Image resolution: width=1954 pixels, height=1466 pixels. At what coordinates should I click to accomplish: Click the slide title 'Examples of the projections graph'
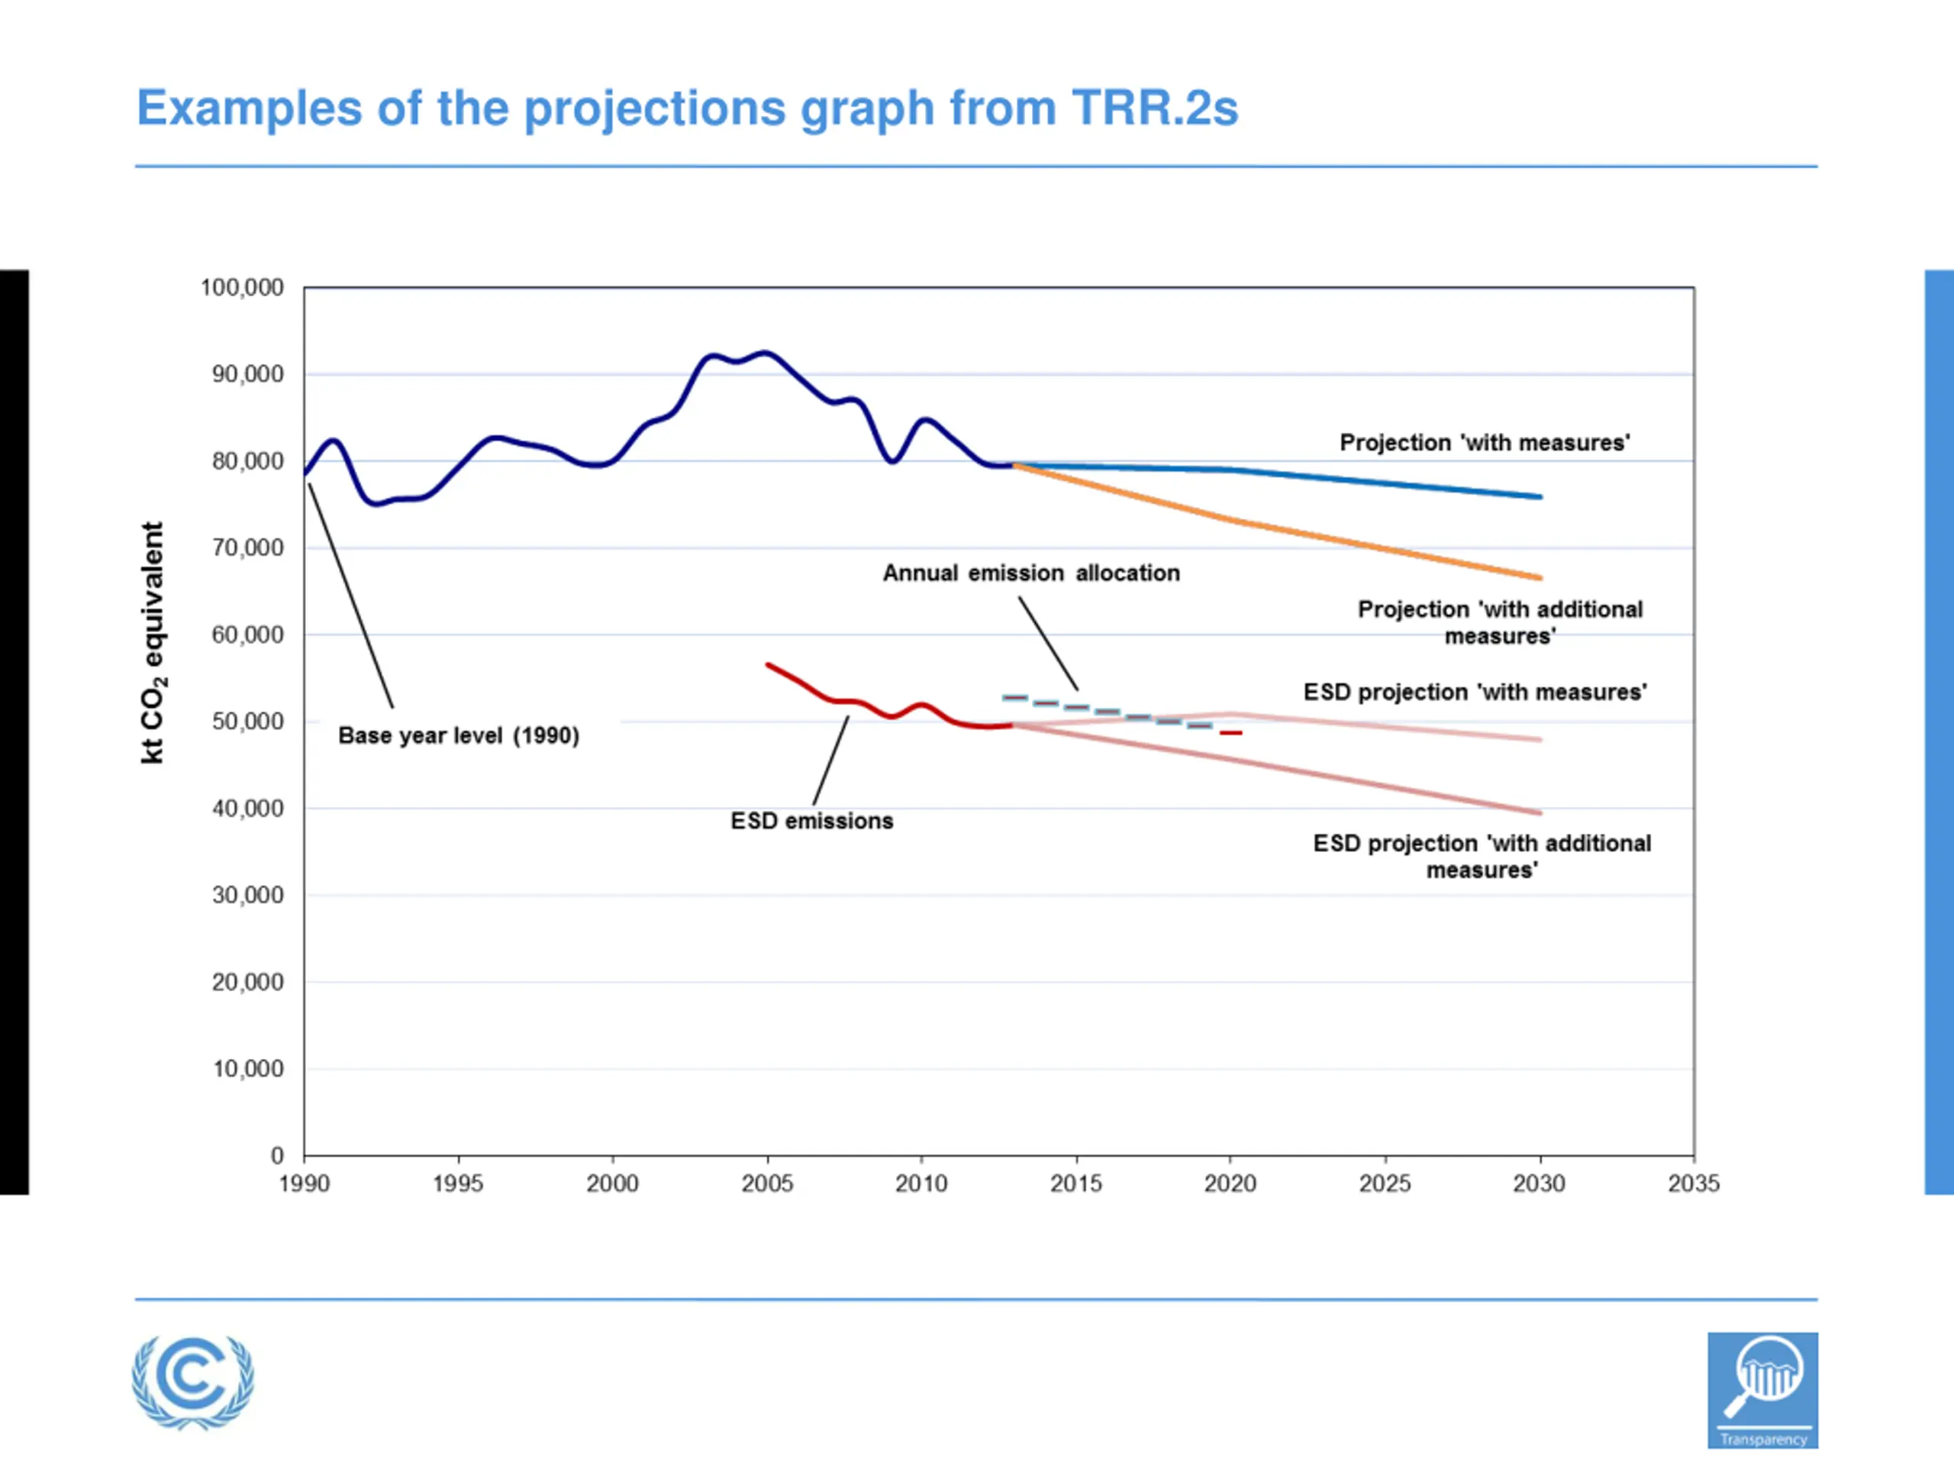[687, 108]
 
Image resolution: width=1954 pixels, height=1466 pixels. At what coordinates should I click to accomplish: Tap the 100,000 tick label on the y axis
[242, 287]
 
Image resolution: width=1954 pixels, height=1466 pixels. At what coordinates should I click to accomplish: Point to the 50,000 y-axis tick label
[247, 722]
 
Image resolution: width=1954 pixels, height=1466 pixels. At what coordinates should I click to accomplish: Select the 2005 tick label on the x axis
[767, 1184]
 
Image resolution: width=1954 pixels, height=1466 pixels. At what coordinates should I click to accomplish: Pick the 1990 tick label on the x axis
[304, 1184]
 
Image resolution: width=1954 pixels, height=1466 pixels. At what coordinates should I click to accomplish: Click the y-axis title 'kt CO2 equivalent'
[153, 642]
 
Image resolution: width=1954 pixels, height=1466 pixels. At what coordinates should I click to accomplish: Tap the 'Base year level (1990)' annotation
[459, 736]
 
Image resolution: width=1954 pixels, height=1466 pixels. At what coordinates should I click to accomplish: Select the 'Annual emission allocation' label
[1031, 573]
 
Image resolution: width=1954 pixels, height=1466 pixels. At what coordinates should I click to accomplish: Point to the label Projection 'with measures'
[1484, 443]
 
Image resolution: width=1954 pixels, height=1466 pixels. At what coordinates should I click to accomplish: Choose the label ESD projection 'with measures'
[1475, 692]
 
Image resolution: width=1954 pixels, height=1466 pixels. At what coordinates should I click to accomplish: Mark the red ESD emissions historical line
[848, 702]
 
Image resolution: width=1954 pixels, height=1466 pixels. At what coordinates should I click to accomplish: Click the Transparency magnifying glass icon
[1762, 1390]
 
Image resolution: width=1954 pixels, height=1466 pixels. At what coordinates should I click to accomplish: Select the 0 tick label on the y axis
[277, 1156]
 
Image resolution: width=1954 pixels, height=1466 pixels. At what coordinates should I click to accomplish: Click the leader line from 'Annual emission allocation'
[1048, 644]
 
